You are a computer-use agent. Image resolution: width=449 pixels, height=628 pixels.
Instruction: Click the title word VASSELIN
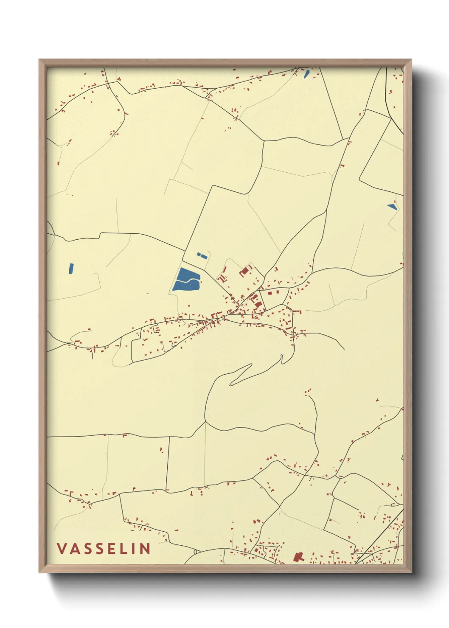104,548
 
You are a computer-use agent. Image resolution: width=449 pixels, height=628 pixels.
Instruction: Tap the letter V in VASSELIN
62,548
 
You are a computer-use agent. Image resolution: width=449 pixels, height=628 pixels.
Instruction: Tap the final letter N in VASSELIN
144,548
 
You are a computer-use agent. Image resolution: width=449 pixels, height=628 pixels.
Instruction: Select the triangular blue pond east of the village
392,207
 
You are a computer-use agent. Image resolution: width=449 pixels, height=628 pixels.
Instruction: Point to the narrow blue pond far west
71,268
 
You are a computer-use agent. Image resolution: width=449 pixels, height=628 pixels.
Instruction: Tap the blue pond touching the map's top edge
306,73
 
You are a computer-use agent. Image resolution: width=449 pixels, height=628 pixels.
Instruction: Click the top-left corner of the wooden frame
39,60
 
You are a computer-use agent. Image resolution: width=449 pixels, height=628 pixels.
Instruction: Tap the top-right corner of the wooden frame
411,60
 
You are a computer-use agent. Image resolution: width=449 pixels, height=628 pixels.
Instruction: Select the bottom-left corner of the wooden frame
39,572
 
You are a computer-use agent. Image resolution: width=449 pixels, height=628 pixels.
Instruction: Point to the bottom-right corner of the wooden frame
411,572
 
